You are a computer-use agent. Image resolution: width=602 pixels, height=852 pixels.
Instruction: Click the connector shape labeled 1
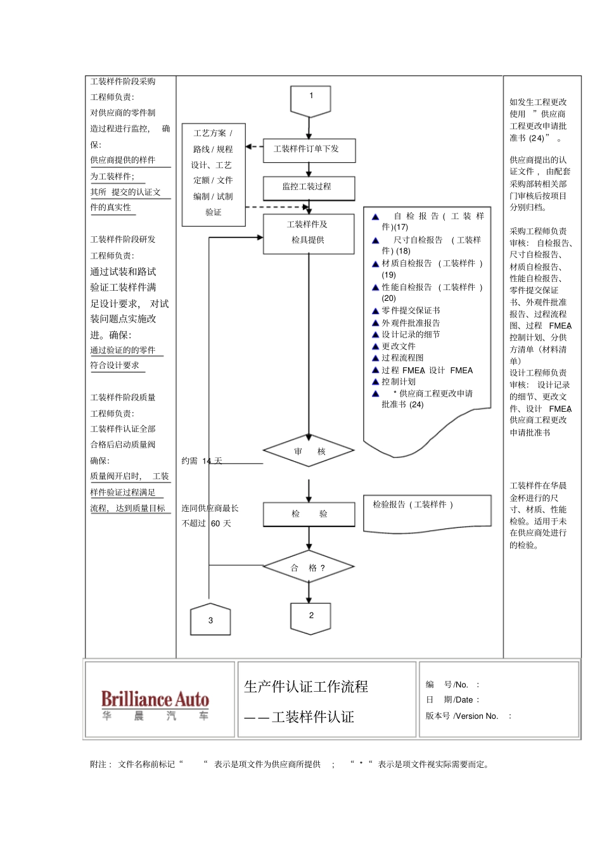[311, 100]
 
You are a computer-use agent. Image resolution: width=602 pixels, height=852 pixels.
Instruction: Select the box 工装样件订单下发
[309, 149]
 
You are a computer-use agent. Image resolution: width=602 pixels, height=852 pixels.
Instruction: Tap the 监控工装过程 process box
[309, 187]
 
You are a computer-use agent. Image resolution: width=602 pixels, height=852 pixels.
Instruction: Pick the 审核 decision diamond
[309, 451]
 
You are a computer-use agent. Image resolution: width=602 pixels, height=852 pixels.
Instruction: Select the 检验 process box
[309, 514]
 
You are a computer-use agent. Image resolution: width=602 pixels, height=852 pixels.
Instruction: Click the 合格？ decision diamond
[309, 568]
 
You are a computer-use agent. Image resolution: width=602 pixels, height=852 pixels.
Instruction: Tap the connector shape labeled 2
[311, 617]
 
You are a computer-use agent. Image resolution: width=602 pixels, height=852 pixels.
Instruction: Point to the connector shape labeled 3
[210, 620]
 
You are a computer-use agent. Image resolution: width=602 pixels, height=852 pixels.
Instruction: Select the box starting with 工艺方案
[214, 174]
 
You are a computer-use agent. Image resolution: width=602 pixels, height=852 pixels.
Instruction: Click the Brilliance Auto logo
[155, 703]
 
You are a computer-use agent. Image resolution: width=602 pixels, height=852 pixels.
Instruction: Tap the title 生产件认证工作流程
[306, 687]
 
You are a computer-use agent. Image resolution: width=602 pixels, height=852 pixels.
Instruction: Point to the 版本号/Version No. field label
[462, 716]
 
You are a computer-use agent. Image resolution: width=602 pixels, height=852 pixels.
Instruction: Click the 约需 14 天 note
[202, 461]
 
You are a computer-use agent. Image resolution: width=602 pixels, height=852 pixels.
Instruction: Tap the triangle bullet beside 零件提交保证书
[375, 311]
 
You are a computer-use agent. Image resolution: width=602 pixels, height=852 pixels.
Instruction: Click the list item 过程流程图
[402, 358]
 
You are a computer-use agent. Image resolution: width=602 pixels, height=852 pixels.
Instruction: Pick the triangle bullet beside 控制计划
[375, 382]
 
